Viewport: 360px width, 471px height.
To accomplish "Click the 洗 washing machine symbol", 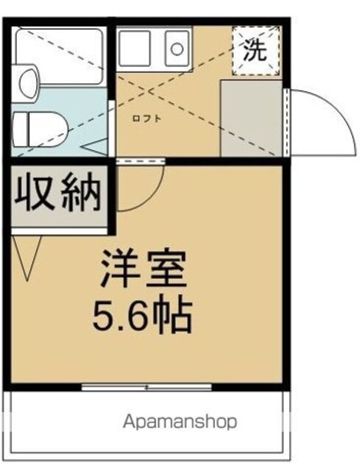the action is pos(255,51).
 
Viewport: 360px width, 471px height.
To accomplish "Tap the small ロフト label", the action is pos(147,118).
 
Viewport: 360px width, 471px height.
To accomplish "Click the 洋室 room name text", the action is pos(144,269).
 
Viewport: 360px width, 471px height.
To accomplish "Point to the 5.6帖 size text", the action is pos(142,314).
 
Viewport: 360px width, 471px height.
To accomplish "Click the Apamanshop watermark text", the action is pos(180,422).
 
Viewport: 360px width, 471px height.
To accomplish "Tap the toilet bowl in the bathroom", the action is pos(40,130).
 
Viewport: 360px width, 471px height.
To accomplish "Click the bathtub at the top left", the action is pos(60,56).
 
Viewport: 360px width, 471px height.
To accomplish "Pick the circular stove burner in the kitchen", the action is pos(177,49).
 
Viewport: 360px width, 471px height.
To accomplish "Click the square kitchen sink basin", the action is pos(135,48).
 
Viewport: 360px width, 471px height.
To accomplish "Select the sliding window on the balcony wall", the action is pos(147,387).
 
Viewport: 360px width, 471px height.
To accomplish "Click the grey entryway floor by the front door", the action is pos(251,118).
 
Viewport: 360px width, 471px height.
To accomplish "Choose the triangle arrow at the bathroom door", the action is pos(95,147).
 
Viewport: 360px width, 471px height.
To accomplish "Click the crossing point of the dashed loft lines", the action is pos(148,91).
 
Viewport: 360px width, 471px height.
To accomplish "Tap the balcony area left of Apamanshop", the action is pos(66,422).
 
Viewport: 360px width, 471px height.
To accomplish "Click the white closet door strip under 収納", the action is pos(60,230).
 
